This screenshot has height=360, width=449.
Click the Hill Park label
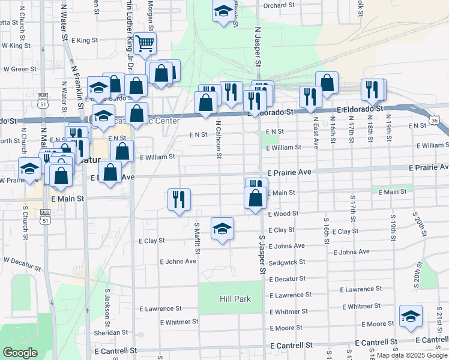pos(235,299)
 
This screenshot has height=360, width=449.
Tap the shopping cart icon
pos(145,44)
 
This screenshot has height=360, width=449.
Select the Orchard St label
pos(279,5)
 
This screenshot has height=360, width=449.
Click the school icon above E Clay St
pos(222,229)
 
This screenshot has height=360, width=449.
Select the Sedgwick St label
pos(288,262)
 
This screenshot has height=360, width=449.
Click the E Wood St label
pos(283,214)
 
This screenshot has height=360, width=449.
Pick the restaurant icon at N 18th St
pos(373,90)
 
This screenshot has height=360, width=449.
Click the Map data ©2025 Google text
pos(411,355)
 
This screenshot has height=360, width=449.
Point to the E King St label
pos(84,40)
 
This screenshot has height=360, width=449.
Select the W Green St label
pos(20,69)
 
